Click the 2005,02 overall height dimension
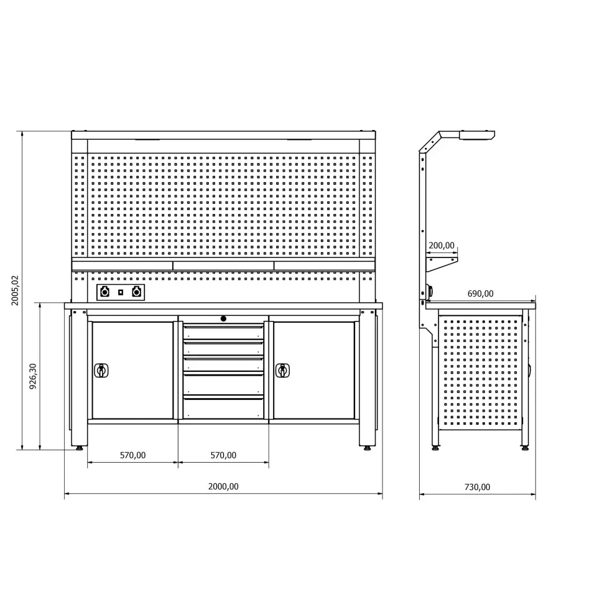[15, 290]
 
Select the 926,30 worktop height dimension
[33, 376]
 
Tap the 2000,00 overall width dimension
[223, 486]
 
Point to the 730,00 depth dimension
[477, 486]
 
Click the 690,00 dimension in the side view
[480, 294]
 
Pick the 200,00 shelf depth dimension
[442, 246]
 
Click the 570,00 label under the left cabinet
[132, 455]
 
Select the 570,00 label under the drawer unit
[223, 455]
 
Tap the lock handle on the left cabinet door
[101, 371]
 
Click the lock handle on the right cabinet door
[282, 371]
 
